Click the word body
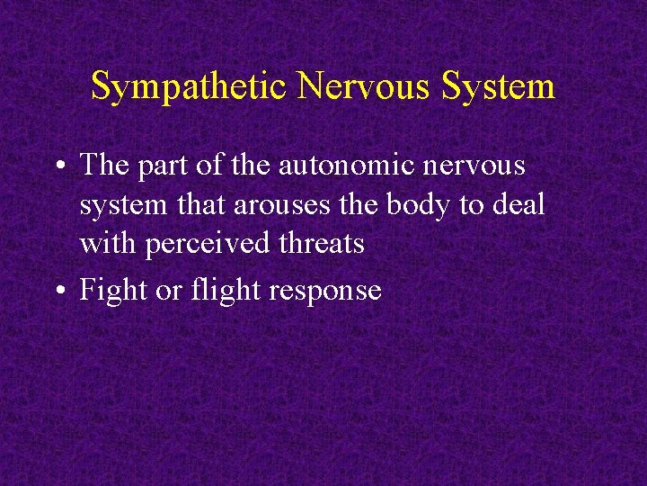click(x=421, y=204)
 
